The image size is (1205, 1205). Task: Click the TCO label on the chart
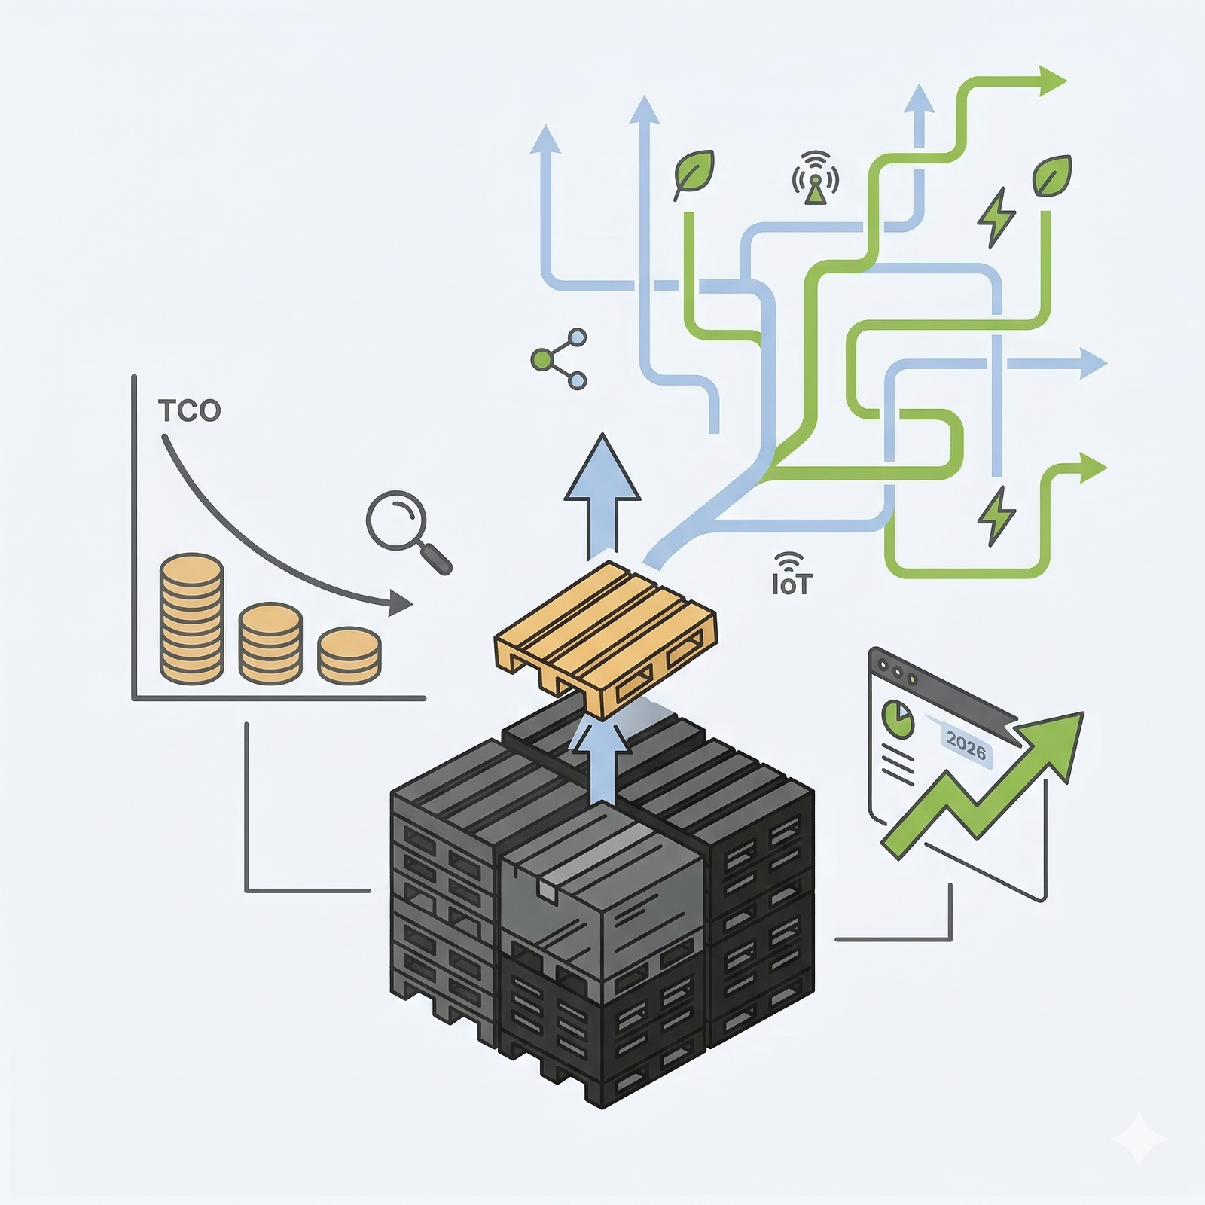[x=189, y=410]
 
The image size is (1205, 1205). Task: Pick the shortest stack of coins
[x=349, y=655]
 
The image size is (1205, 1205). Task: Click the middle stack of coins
[x=270, y=643]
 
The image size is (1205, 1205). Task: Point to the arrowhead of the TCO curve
[x=400, y=602]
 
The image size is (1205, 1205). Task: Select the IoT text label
[x=792, y=584]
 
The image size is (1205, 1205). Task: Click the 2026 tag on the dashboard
[x=966, y=746]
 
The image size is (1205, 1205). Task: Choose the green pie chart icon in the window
[x=898, y=719]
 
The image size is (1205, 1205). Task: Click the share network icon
[x=559, y=359]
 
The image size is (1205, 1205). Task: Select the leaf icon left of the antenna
[x=693, y=175]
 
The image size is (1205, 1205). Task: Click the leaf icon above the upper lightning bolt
[x=1052, y=175]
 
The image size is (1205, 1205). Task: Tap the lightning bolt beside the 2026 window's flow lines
[x=996, y=515]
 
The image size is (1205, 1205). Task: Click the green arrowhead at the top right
[x=1052, y=81]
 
